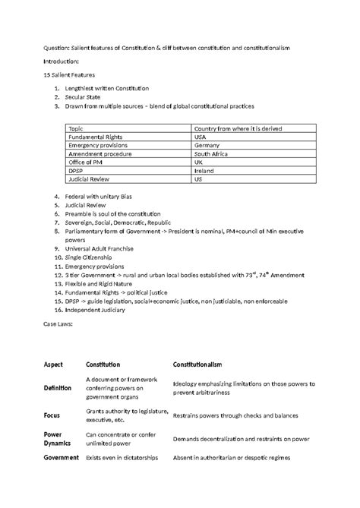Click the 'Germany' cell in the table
[207, 145]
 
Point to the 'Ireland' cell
[205, 170]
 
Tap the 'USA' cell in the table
[202, 137]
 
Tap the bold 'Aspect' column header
[54, 365]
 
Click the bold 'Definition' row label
[58, 387]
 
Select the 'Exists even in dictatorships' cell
[123, 458]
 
